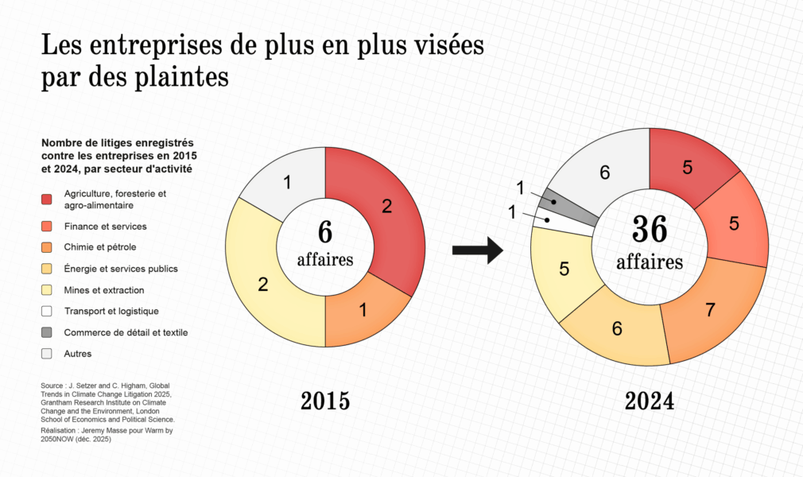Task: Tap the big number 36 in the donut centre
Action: click(x=649, y=230)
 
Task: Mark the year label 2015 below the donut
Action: click(x=325, y=401)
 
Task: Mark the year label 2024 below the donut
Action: click(x=649, y=401)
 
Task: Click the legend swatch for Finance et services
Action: click(x=47, y=227)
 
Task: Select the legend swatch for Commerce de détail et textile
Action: click(x=47, y=332)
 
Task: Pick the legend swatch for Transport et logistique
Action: click(x=47, y=311)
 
